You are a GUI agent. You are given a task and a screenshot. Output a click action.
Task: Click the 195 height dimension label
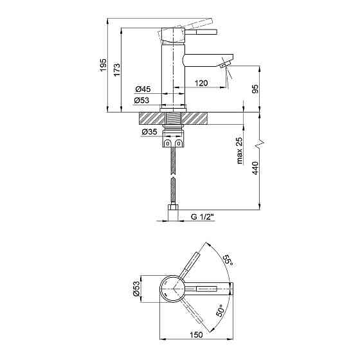(103, 65)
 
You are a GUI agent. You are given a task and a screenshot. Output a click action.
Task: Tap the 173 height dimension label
(116, 69)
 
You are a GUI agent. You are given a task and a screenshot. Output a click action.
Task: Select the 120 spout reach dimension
(201, 83)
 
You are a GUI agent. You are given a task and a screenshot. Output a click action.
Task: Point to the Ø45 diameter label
(143, 89)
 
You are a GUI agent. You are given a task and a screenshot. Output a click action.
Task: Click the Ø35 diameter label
(149, 132)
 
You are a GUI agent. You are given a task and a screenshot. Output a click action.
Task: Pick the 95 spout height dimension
(255, 89)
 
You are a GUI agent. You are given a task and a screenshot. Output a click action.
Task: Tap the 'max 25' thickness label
(239, 150)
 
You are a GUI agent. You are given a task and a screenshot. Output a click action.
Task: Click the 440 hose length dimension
(255, 168)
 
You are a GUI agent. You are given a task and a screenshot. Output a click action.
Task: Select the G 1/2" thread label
(203, 217)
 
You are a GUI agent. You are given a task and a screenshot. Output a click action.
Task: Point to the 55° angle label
(228, 260)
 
